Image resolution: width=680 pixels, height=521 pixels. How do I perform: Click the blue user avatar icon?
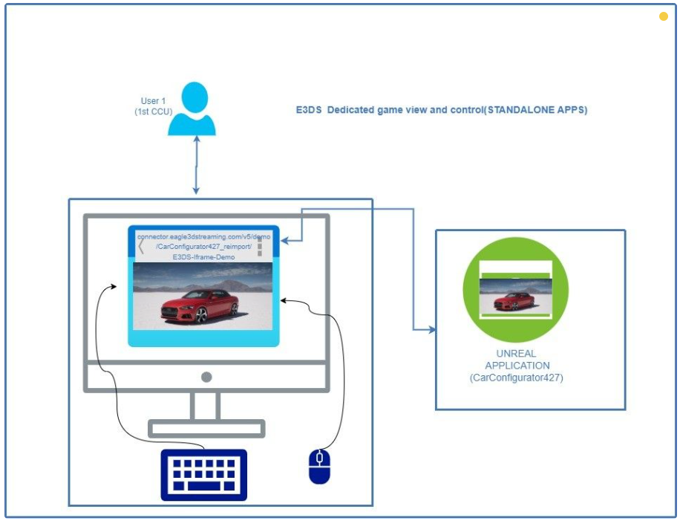click(x=192, y=109)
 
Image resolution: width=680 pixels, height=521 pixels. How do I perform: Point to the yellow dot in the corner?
click(x=664, y=16)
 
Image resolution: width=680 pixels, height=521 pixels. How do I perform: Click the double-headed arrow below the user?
click(x=195, y=166)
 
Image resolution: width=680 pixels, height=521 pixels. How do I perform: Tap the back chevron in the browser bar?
click(x=141, y=246)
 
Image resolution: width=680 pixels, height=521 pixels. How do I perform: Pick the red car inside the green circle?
click(x=514, y=301)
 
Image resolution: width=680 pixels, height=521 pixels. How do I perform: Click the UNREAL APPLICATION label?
click(x=516, y=360)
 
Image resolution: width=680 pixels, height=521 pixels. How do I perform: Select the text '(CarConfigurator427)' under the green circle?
click(x=517, y=378)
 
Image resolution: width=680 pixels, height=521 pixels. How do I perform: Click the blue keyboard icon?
click(x=203, y=474)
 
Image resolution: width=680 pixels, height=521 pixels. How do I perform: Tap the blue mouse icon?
click(x=319, y=467)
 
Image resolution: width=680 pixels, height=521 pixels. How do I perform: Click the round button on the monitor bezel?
click(x=206, y=378)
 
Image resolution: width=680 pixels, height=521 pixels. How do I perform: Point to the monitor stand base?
click(x=206, y=428)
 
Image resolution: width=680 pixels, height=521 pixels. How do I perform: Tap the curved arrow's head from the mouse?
click(x=284, y=300)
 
